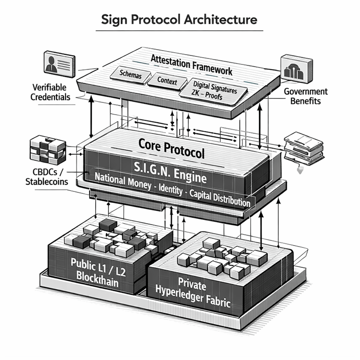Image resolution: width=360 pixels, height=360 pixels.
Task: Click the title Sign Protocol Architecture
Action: pos(179,19)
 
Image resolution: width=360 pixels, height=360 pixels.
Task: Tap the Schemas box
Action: pos(130,74)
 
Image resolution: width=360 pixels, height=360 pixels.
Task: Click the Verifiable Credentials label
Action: pos(51,92)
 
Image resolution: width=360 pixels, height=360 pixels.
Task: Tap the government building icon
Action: pos(296,69)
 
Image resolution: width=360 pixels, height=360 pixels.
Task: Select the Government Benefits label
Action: pos(306,96)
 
